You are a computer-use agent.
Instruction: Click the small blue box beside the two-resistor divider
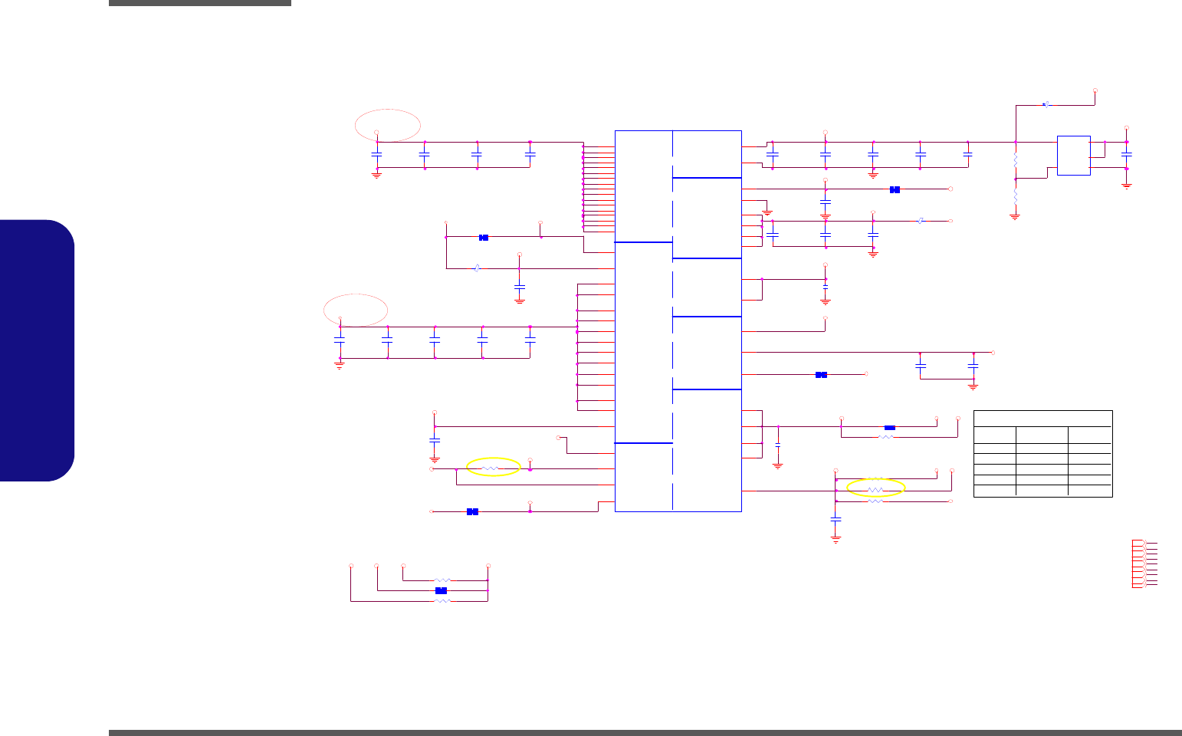point(1073,156)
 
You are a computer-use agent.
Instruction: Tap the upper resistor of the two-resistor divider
point(1016,161)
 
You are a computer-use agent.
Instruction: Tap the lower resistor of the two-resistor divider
point(1016,197)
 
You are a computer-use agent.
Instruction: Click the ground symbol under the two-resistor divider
point(1016,217)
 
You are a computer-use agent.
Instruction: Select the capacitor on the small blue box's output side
point(1126,155)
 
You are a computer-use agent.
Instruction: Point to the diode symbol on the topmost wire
point(1046,104)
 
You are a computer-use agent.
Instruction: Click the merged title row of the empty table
point(1042,418)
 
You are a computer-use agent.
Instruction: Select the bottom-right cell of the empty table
point(1090,491)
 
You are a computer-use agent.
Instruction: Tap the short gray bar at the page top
point(199,3)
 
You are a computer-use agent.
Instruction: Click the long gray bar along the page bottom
point(644,732)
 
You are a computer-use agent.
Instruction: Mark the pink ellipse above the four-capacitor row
point(388,125)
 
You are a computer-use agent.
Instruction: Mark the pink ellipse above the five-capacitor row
point(356,310)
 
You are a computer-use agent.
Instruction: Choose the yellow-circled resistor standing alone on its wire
point(492,468)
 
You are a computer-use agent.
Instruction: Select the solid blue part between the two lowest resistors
point(441,590)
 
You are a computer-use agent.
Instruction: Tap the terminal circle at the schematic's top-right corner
point(1095,90)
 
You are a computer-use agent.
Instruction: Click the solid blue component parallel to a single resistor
point(889,428)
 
